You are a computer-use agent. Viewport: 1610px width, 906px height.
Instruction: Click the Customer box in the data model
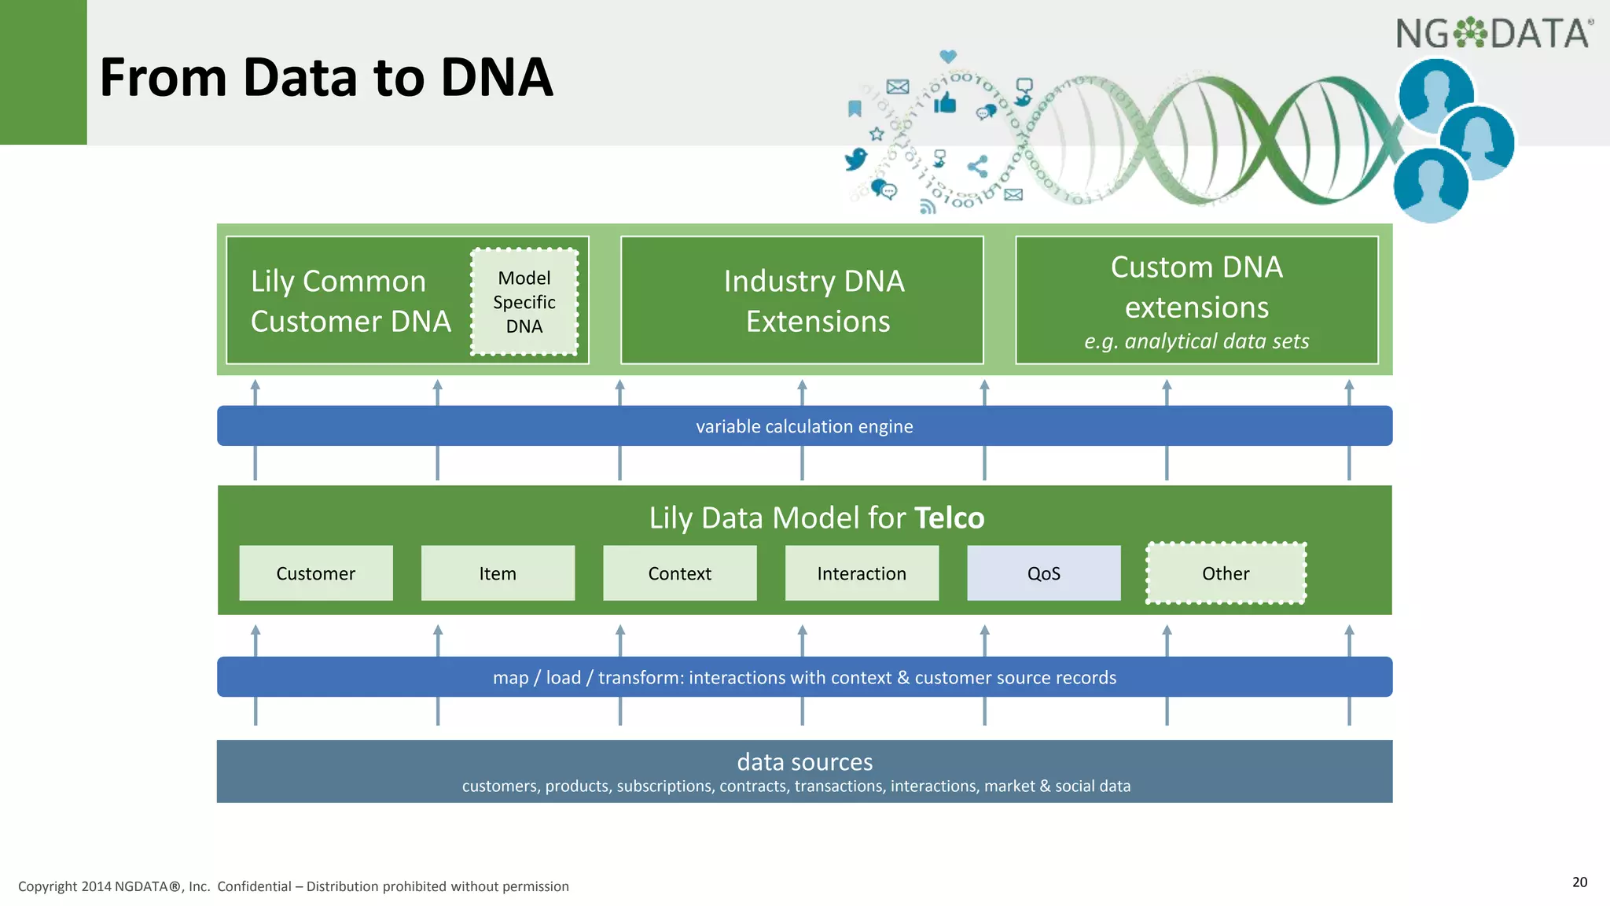pos(315,573)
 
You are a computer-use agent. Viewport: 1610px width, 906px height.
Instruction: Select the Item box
pos(498,573)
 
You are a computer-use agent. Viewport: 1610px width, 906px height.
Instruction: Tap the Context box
pos(679,573)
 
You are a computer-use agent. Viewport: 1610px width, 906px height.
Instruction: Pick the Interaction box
pos(862,573)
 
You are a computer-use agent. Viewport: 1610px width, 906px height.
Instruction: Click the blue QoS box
pos(1043,573)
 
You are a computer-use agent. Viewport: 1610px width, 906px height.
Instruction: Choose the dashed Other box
pos(1226,573)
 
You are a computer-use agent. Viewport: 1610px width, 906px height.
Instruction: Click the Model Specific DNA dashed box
pos(524,302)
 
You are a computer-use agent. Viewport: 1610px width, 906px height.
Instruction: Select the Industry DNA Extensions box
pos(802,300)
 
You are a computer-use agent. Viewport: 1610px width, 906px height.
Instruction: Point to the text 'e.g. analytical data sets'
pos(1196,341)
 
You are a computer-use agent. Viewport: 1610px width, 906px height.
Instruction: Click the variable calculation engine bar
pos(804,426)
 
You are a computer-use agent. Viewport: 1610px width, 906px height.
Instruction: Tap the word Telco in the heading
pos(950,518)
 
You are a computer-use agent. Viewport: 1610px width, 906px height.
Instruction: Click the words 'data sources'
pos(804,761)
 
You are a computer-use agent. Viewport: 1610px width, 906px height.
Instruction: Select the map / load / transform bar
pos(804,677)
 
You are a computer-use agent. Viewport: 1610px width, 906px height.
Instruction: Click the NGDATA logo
pos(1494,34)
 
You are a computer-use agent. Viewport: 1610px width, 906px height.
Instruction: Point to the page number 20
pos(1579,882)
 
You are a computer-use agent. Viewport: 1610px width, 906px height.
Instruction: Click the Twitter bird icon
pos(855,160)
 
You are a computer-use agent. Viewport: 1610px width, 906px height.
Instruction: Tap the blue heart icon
pos(948,57)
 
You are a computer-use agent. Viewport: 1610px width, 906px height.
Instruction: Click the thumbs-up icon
pos(945,103)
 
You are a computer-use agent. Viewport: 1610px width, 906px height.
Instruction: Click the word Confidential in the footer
pos(254,886)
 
